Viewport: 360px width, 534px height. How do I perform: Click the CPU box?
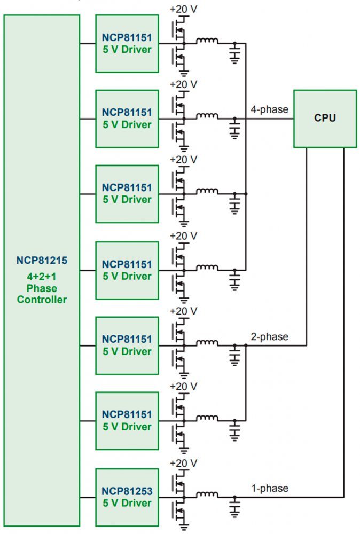325,118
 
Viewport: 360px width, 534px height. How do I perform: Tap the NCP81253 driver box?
127,497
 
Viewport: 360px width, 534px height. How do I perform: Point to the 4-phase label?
269,110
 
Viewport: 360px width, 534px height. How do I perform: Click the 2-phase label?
269,337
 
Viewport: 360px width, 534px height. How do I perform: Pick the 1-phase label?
269,488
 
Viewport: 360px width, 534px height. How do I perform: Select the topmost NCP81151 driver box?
127,43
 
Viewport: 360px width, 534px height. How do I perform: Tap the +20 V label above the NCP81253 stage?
183,462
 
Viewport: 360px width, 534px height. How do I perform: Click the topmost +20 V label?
183,9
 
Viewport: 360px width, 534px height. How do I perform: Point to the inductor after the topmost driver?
207,41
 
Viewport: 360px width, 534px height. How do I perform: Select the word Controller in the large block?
42,300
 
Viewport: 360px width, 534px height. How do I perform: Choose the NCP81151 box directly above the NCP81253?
127,420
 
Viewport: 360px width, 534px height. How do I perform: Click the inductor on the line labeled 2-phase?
207,343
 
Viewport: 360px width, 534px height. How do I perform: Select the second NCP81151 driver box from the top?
127,119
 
